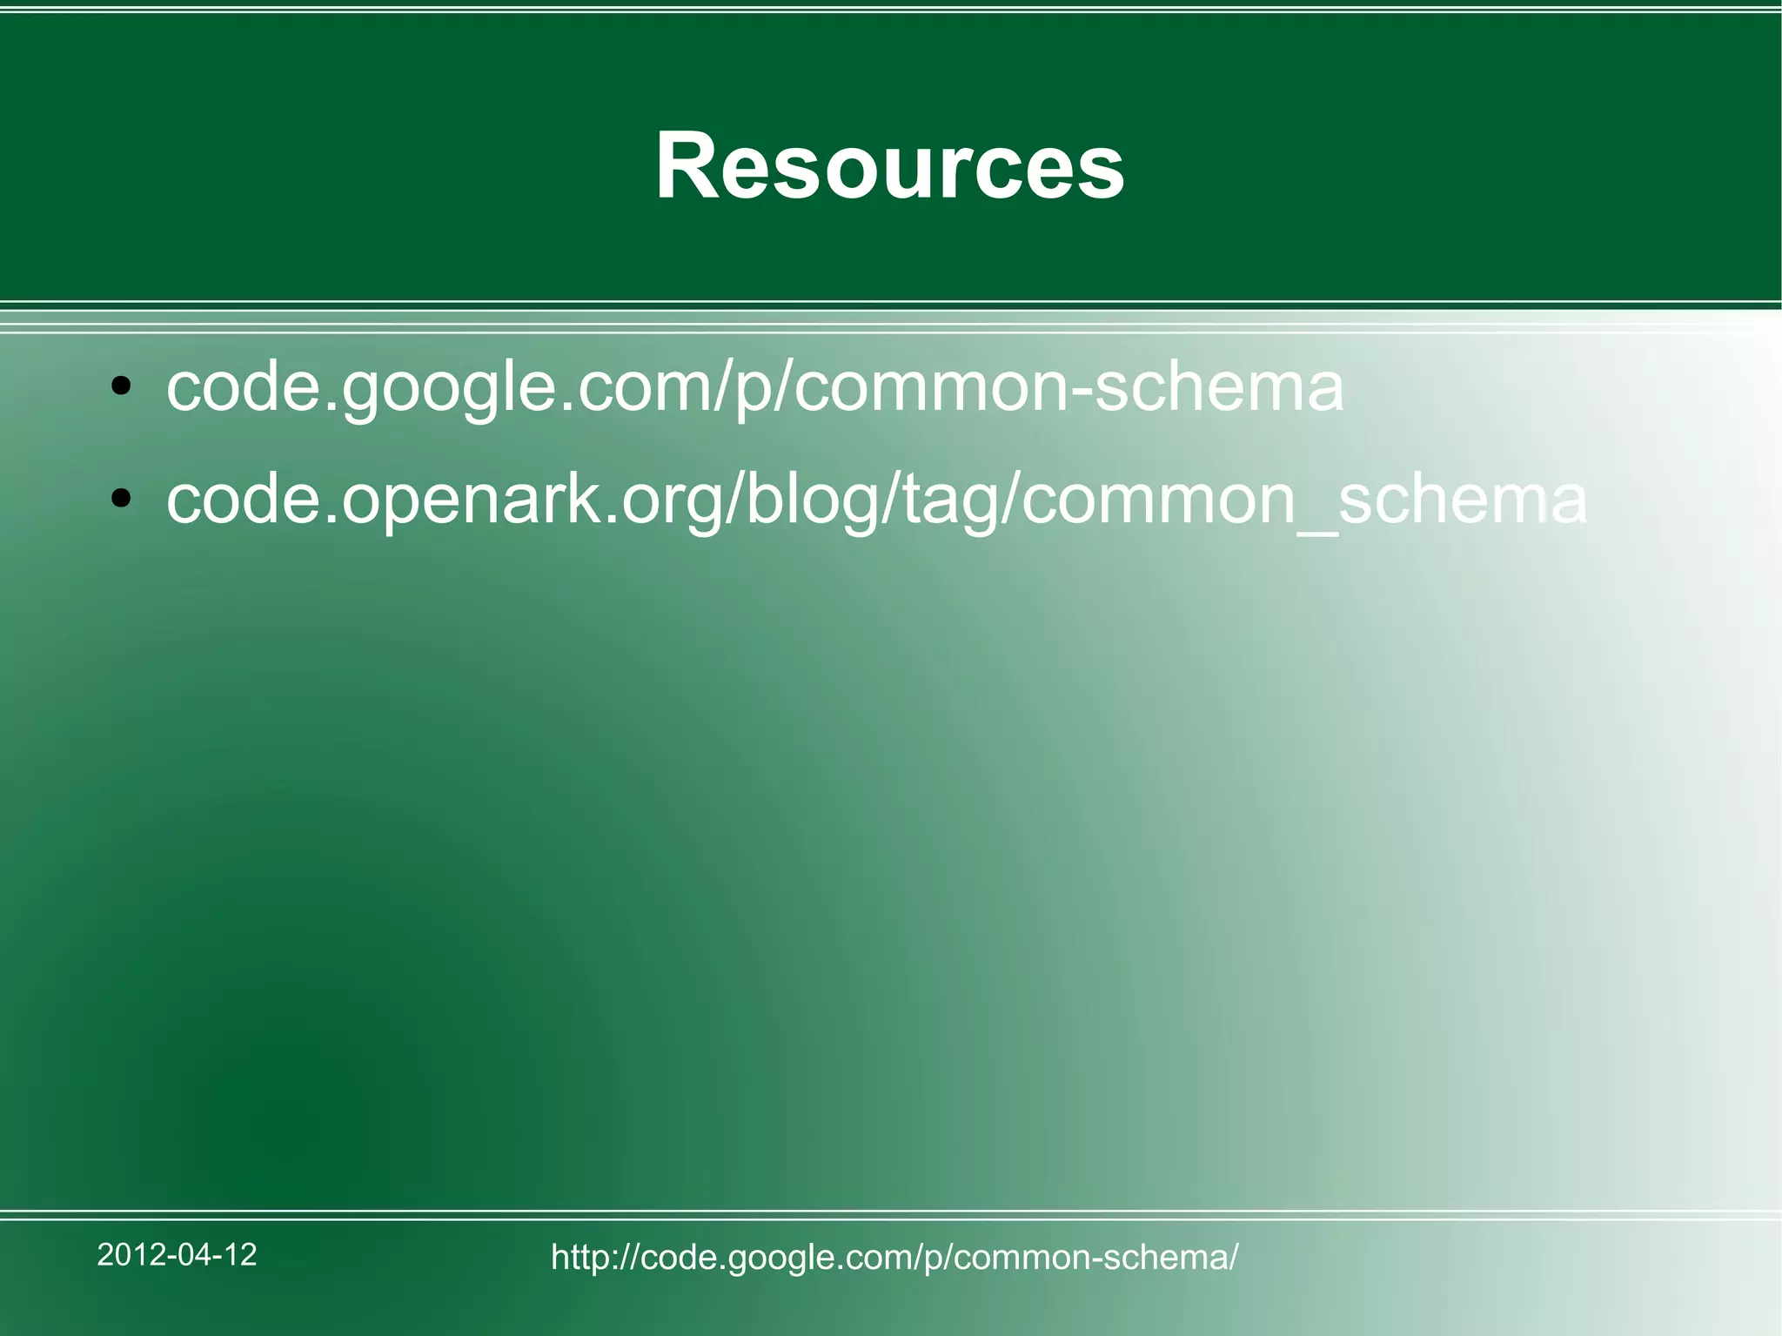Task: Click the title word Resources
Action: tap(889, 165)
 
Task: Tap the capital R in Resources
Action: tap(687, 165)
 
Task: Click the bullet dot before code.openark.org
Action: tap(121, 499)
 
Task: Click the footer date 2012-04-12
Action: tap(177, 1254)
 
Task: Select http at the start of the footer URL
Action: tap(580, 1257)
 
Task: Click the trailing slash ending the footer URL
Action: tap(1233, 1257)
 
